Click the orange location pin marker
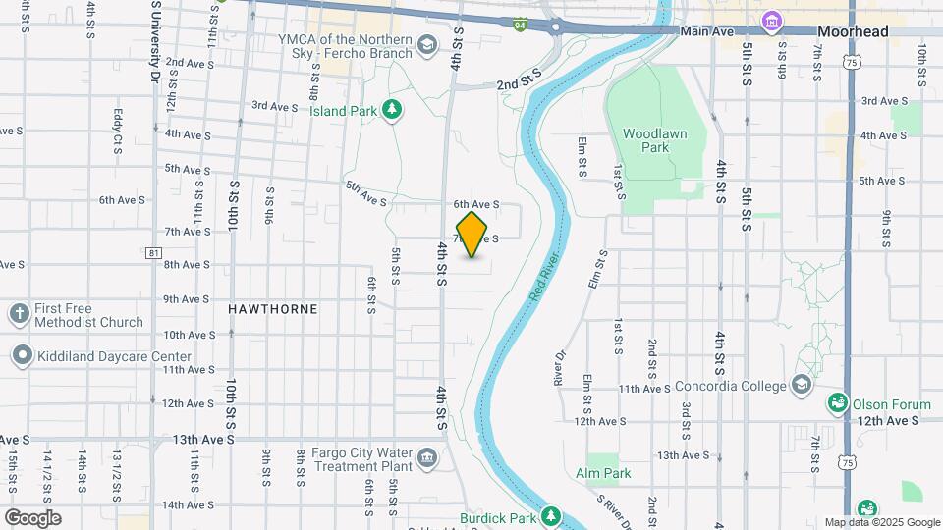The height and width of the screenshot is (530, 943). click(x=472, y=235)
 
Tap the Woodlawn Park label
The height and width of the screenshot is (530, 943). click(x=646, y=140)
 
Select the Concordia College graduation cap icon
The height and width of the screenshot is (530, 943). click(x=804, y=384)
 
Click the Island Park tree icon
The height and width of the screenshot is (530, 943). click(x=393, y=110)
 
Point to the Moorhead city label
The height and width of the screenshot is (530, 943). click(x=853, y=31)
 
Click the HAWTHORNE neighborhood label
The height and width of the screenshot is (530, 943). click(x=273, y=308)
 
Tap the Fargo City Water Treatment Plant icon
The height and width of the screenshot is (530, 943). click(x=427, y=457)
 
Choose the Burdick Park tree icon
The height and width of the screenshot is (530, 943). click(x=551, y=515)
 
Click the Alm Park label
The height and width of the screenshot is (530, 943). click(x=604, y=473)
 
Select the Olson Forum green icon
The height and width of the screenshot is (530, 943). click(x=837, y=402)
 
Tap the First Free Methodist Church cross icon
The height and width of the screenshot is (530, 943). click(x=19, y=314)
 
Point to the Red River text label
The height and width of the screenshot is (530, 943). click(x=542, y=277)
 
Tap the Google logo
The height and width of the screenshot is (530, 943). click(x=32, y=518)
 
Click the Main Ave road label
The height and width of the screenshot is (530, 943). click(x=707, y=31)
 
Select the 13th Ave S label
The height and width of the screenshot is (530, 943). click(x=203, y=440)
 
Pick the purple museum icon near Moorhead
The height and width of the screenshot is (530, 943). click(x=772, y=21)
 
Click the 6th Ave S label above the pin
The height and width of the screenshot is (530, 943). click(x=476, y=204)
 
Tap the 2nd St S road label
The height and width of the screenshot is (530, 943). click(x=519, y=84)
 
